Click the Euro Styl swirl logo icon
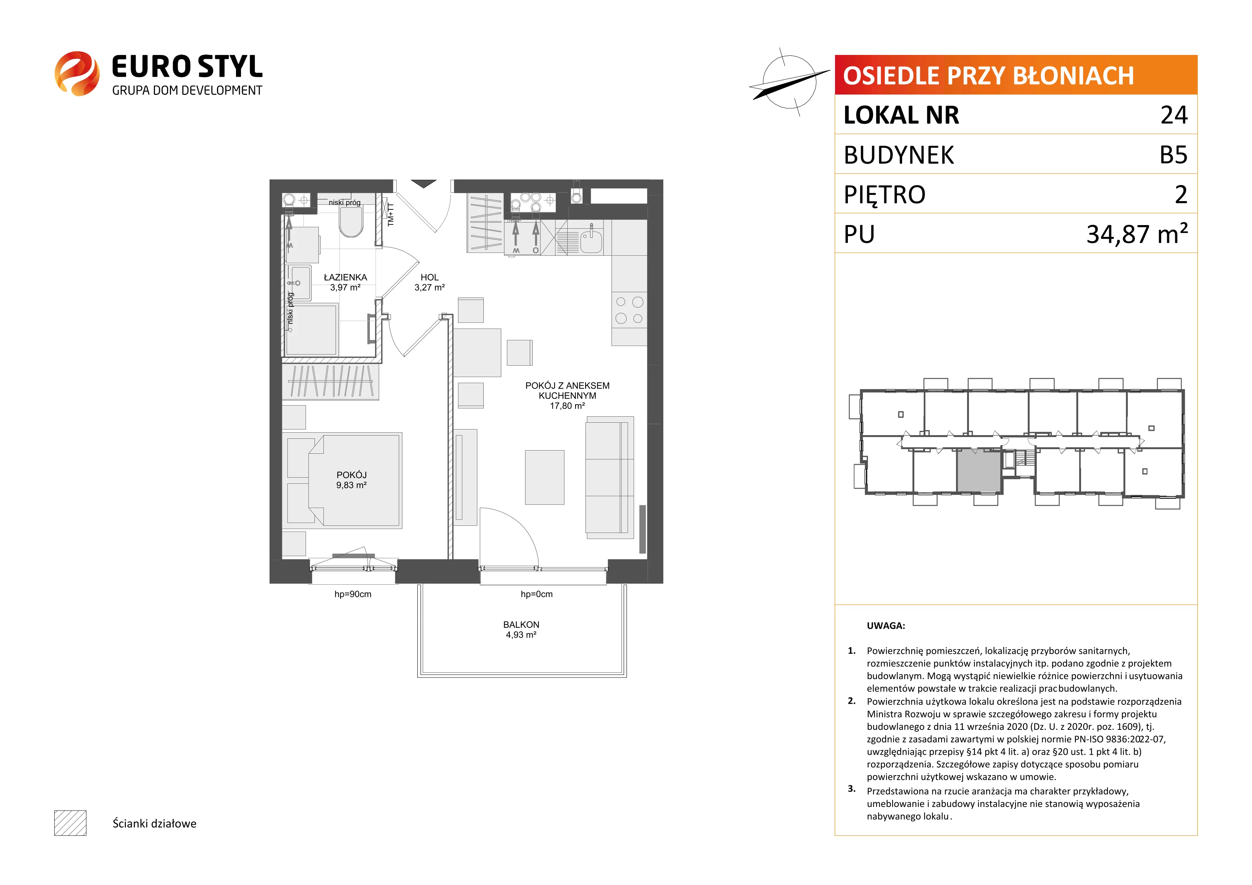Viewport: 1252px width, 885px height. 77,73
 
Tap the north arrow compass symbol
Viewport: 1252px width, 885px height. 789,82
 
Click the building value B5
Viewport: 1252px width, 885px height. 1173,155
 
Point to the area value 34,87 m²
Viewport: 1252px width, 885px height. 1137,234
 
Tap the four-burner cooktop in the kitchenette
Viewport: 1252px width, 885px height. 629,310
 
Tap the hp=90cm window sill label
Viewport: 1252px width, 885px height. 353,594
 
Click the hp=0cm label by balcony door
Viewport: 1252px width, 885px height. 537,594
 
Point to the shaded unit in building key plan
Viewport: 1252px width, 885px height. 979,471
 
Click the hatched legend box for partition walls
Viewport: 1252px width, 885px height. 70,823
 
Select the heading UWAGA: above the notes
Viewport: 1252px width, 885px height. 886,626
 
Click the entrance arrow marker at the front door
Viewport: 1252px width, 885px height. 424,184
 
